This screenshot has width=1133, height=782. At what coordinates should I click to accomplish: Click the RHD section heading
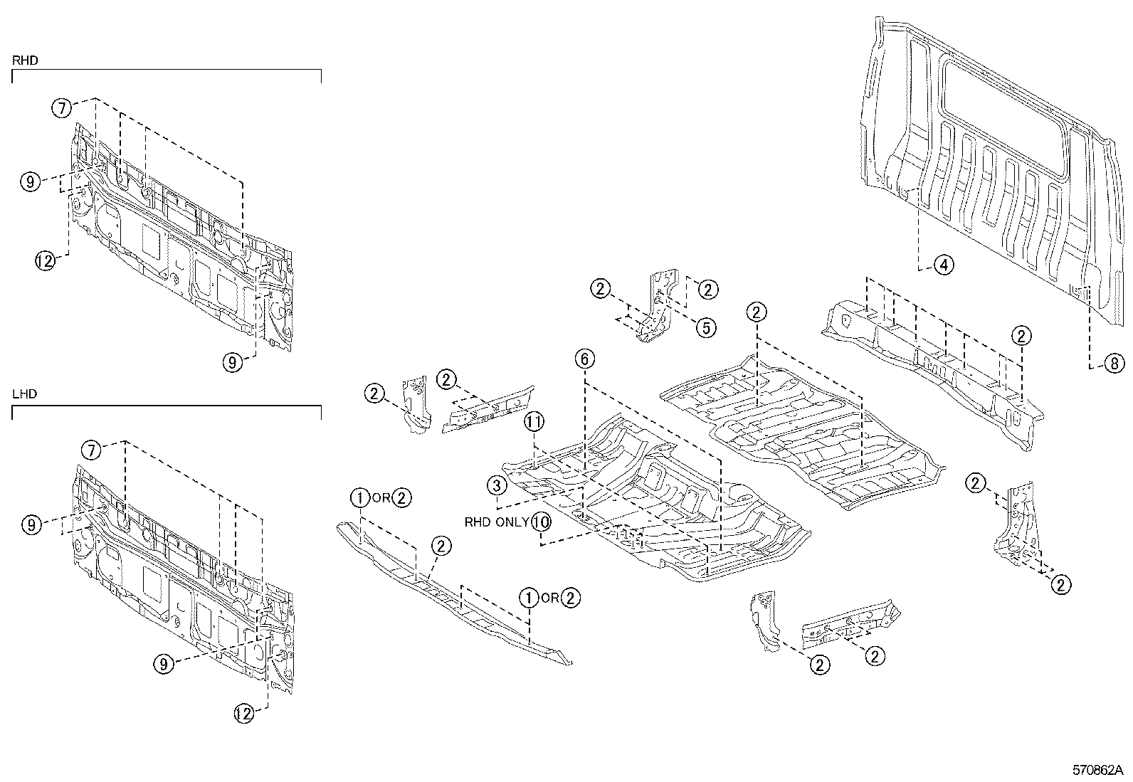click(x=25, y=61)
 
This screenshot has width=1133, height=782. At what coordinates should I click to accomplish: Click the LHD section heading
click(x=25, y=394)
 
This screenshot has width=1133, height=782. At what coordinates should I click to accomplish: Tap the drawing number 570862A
click(x=1097, y=770)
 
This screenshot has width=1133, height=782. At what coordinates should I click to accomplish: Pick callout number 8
click(x=1114, y=364)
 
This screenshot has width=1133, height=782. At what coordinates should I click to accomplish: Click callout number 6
click(x=584, y=359)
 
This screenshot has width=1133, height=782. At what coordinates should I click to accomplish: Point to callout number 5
click(x=705, y=327)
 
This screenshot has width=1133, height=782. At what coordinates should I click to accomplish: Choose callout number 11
click(x=534, y=422)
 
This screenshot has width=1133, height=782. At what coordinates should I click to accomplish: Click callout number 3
click(x=497, y=486)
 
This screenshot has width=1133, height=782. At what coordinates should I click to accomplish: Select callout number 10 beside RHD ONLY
click(x=541, y=522)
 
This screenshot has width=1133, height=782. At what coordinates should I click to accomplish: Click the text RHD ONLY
click(x=497, y=522)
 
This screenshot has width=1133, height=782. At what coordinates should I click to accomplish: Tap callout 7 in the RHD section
click(x=62, y=109)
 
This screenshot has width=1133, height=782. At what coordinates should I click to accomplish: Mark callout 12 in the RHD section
click(x=45, y=261)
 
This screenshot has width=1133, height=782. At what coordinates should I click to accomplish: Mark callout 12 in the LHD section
click(x=244, y=714)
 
